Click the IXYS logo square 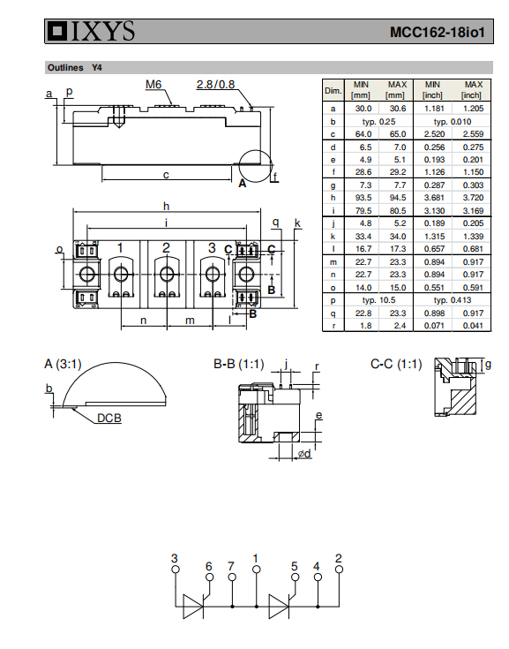(57, 32)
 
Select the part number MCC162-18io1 (437, 33)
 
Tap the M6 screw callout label (153, 85)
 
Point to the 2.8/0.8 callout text (215, 85)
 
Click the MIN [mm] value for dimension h (363, 198)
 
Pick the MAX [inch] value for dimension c (473, 134)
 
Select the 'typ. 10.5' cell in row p (378, 300)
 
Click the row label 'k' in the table (333, 237)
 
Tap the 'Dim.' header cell (333, 91)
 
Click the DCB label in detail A (109, 418)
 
